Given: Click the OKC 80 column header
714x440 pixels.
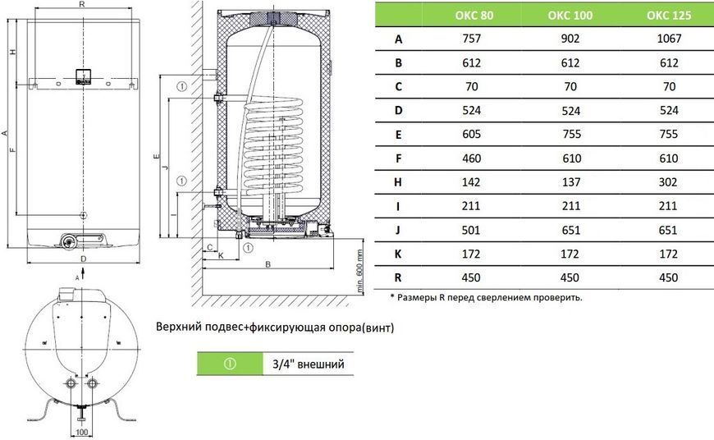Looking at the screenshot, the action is (474, 15).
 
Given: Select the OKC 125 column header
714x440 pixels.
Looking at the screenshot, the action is (669, 15).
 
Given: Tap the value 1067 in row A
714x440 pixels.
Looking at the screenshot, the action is (669, 39).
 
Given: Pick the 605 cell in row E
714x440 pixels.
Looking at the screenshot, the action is (471, 134).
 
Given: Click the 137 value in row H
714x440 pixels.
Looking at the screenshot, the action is (570, 182).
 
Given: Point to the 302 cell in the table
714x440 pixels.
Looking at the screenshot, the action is (668, 182).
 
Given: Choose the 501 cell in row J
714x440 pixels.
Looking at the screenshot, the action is (471, 230).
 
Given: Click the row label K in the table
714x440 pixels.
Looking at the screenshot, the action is (398, 254).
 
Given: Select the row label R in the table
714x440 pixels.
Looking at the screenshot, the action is (398, 277).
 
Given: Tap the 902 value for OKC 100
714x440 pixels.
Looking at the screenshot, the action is (570, 39).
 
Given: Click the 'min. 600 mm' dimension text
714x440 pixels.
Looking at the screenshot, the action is (359, 271).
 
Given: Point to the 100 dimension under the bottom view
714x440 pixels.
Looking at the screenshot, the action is (81, 432).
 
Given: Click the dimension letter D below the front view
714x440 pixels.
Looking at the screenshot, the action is (84, 259).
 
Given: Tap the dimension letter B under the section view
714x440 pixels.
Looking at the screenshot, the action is (268, 264).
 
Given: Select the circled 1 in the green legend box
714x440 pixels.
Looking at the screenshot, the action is (230, 364).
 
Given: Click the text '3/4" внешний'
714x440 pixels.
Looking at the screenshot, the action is (309, 364).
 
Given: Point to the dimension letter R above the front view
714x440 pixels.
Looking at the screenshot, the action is (82, 4).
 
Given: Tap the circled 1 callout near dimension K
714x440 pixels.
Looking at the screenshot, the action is (248, 248).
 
